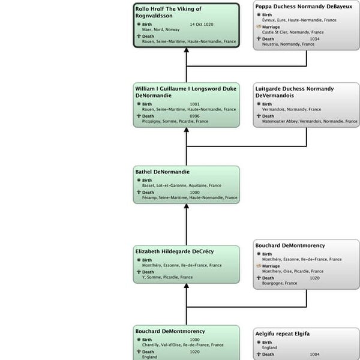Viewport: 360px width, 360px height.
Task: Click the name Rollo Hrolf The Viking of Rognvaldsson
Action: pyautogui.click(x=168, y=12)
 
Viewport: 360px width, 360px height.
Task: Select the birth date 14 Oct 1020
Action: pyautogui.click(x=201, y=25)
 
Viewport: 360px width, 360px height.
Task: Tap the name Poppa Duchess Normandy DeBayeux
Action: pyautogui.click(x=303, y=7)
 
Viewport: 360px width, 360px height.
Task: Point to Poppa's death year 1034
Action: pyautogui.click(x=314, y=39)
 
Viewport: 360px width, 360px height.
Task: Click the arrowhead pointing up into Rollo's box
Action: pyautogui.click(x=186, y=51)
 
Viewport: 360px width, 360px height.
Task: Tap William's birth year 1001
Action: pyautogui.click(x=194, y=104)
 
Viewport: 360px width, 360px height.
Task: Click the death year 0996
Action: pyautogui.click(x=194, y=116)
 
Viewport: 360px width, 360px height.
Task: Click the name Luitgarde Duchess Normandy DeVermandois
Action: pyautogui.click(x=294, y=92)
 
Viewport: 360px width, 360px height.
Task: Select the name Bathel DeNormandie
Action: pyautogui.click(x=162, y=172)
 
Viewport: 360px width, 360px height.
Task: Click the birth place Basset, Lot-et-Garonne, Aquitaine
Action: pyautogui.click(x=178, y=186)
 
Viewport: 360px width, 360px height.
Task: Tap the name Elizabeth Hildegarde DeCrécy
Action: pyautogui.click(x=175, y=251)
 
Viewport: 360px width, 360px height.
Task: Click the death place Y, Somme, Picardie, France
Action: pyautogui.click(x=167, y=277)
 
